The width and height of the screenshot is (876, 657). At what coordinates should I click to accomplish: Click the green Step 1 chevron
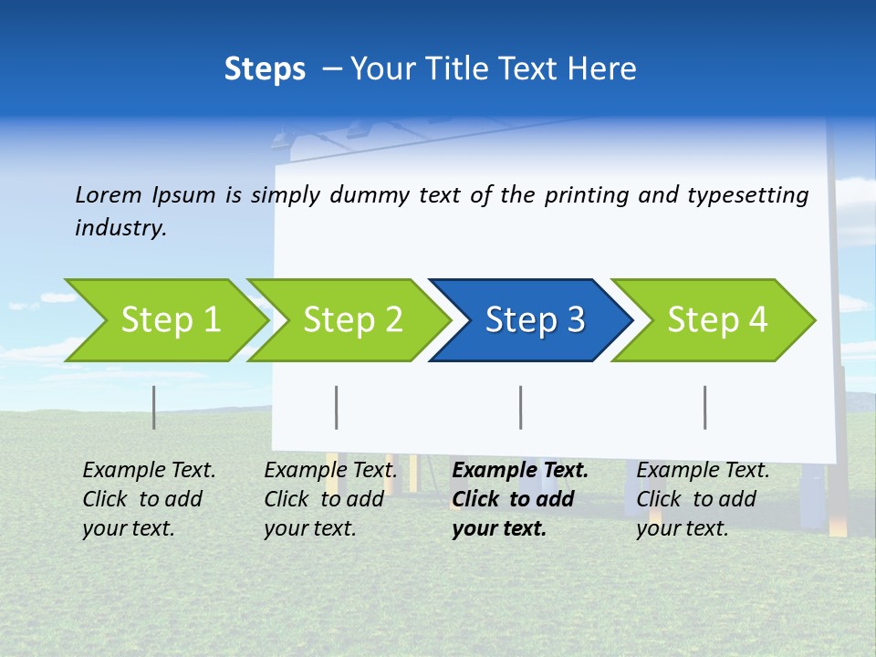(x=170, y=320)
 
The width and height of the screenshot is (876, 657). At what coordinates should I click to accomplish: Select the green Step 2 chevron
(x=352, y=320)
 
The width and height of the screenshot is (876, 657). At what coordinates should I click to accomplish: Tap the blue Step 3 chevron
(x=534, y=320)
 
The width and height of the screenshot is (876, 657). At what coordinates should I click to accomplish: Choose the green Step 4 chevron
(x=716, y=320)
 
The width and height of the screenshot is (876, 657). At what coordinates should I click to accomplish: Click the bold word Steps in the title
(x=265, y=69)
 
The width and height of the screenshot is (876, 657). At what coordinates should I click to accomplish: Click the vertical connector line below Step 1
(x=154, y=407)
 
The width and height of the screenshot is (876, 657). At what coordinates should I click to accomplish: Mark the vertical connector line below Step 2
(x=337, y=407)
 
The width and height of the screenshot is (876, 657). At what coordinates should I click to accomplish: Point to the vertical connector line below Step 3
(x=521, y=407)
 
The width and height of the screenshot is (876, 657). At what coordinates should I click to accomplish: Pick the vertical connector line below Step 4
(x=705, y=407)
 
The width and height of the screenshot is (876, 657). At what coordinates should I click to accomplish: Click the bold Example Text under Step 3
(x=520, y=471)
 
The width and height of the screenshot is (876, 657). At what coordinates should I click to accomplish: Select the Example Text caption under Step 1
(x=149, y=471)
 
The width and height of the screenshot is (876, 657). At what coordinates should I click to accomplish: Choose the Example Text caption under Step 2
(x=330, y=471)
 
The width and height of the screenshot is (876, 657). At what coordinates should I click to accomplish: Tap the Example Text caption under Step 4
(x=703, y=471)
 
